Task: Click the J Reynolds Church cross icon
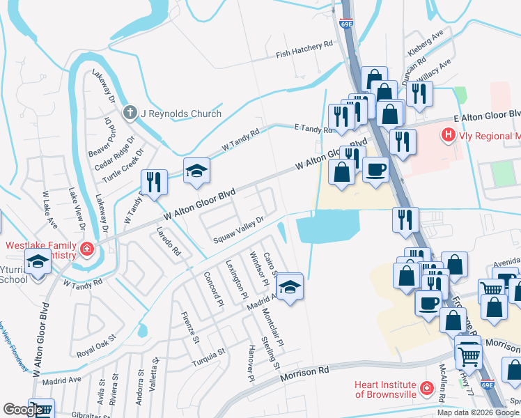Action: [130, 113]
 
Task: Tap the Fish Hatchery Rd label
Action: [304, 49]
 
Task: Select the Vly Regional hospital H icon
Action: [449, 133]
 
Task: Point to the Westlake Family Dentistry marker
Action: [87, 248]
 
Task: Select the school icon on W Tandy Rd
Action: [197, 171]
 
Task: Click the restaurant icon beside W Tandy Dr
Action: [155, 183]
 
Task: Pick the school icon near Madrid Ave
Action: [289, 286]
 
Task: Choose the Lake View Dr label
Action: [75, 205]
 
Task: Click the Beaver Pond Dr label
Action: [100, 141]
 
